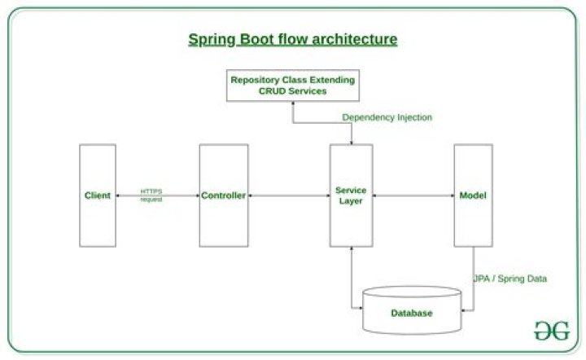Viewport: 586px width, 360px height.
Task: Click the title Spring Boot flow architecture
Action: tap(293, 38)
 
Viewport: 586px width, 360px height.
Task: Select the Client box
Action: tap(98, 195)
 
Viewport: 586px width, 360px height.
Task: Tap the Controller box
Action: tap(223, 195)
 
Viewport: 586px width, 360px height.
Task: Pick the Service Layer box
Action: tap(351, 195)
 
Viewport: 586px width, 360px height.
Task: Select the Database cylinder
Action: tap(410, 313)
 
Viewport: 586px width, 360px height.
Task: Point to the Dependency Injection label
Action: tap(387, 117)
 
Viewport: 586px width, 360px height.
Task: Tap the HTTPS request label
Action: tap(151, 195)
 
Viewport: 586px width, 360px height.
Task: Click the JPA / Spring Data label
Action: tap(510, 279)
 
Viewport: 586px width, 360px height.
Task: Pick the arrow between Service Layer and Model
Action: tap(413, 196)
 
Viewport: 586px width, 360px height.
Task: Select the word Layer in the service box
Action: tap(351, 201)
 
